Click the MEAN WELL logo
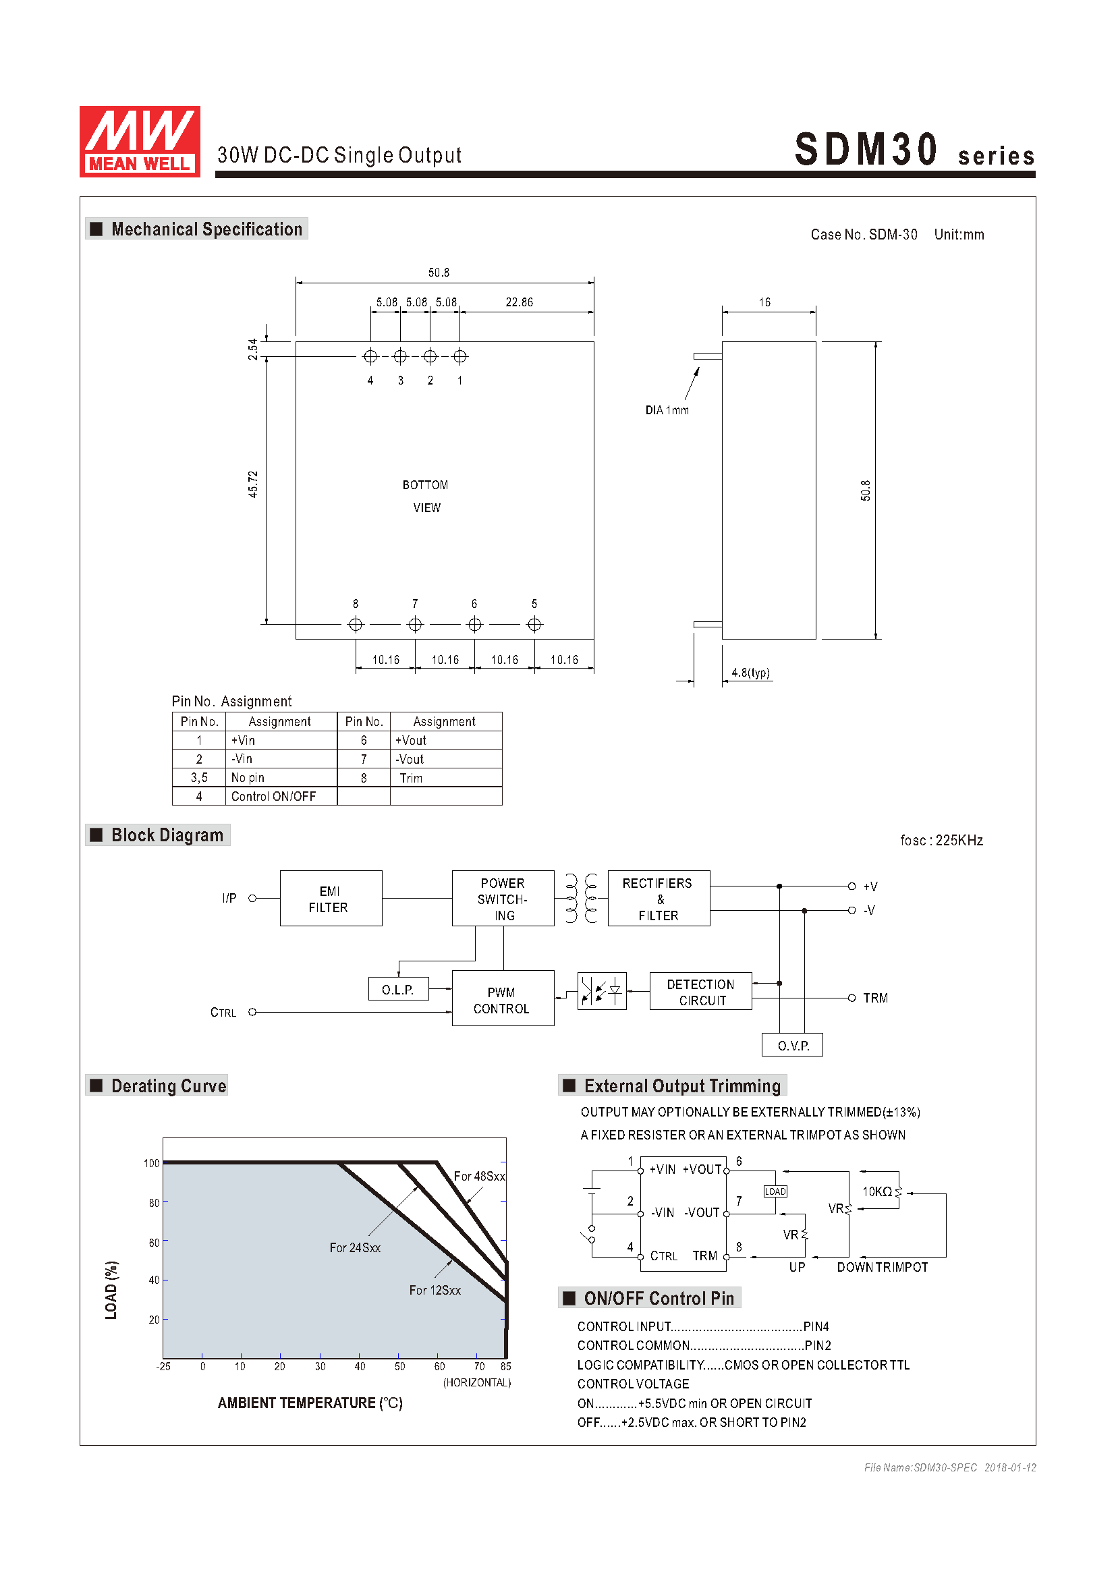point(140,141)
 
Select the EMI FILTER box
point(331,897)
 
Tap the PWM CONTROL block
point(503,997)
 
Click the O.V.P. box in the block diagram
point(791,1044)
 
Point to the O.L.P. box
point(398,989)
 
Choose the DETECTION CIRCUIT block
point(700,991)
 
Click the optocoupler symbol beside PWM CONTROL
point(601,991)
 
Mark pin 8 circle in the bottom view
point(356,624)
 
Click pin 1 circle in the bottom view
point(459,356)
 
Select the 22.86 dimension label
point(519,302)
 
